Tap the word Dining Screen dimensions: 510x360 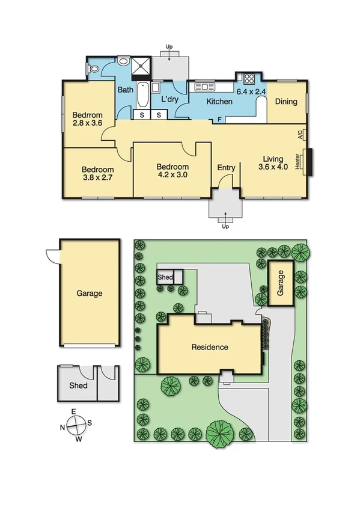click(x=286, y=102)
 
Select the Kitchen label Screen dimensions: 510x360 click(x=219, y=102)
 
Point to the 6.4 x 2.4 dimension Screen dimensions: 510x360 click(x=251, y=92)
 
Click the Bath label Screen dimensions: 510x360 click(x=125, y=90)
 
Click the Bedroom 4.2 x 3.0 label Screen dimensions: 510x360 click(x=172, y=171)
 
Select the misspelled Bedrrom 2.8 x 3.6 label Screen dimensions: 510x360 click(x=88, y=120)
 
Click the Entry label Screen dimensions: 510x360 click(x=226, y=168)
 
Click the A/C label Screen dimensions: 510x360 click(x=300, y=135)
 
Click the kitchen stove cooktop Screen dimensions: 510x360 click(x=249, y=78)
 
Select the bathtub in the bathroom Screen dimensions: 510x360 click(x=143, y=96)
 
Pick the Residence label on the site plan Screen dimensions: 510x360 click(x=210, y=347)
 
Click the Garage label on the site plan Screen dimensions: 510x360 click(x=279, y=282)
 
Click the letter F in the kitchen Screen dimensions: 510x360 click(x=220, y=120)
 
